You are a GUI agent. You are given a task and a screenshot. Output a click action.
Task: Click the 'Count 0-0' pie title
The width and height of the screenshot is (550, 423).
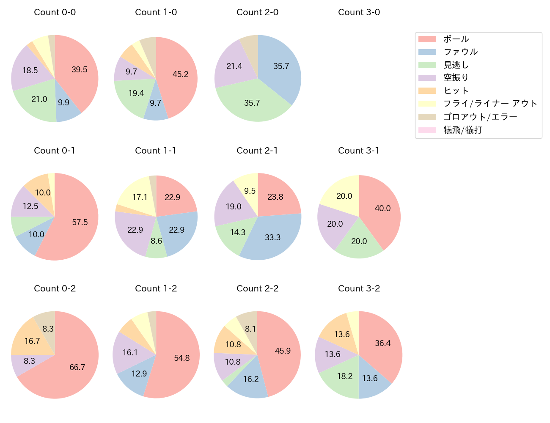(55, 12)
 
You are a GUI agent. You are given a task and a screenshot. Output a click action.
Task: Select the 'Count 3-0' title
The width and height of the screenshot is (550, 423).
(359, 12)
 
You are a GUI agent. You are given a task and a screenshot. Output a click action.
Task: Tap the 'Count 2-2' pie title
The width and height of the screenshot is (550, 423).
(257, 288)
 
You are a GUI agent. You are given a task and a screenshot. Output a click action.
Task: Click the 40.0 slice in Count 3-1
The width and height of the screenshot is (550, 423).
(381, 209)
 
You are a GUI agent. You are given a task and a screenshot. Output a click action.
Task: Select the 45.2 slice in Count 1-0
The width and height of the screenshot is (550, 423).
(180, 76)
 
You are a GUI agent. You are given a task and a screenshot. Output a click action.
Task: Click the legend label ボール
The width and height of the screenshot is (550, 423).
(456, 39)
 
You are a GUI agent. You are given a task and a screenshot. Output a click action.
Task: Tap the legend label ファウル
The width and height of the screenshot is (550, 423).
(460, 52)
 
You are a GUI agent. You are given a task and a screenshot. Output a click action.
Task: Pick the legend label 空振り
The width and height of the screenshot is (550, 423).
(456, 78)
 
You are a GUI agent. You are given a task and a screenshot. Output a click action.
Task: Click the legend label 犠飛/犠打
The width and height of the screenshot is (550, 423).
(462, 130)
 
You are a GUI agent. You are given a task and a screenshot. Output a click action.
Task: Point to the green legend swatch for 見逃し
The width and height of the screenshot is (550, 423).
(427, 65)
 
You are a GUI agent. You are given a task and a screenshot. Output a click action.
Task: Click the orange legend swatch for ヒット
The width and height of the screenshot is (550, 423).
(427, 91)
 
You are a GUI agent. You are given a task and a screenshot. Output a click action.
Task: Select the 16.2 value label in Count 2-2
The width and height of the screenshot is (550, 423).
(251, 379)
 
